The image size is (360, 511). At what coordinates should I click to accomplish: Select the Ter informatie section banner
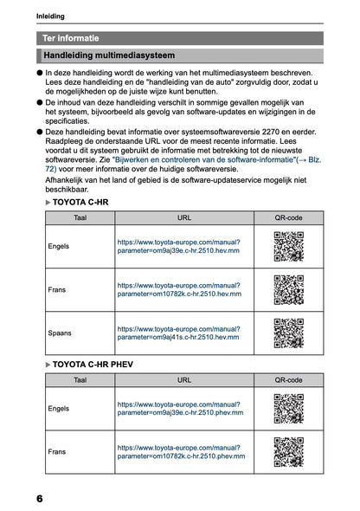[x=71, y=38]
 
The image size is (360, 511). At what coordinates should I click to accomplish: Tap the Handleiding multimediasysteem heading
[x=108, y=55]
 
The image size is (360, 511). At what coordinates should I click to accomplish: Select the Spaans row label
[x=60, y=333]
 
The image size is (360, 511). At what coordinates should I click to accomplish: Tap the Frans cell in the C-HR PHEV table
[x=57, y=451]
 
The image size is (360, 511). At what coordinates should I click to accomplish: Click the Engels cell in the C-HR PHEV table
[x=59, y=408]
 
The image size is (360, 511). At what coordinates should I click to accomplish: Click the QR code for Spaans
[x=288, y=333]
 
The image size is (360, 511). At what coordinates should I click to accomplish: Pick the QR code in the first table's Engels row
[x=288, y=247]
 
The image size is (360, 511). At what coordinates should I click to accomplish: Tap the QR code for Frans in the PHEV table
[x=288, y=451]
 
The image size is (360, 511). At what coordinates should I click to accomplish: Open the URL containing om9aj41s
[x=178, y=333]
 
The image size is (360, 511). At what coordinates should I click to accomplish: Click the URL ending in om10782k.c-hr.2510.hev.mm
[x=178, y=290]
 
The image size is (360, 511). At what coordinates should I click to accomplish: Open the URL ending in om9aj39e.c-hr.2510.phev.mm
[x=180, y=408]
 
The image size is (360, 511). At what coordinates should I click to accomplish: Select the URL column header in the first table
[x=183, y=218]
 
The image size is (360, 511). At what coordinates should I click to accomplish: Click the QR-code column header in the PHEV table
[x=288, y=379]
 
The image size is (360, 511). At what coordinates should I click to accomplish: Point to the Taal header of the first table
[x=80, y=218]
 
